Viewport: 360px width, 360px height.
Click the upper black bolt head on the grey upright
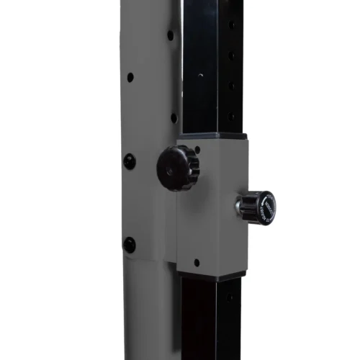tap(130, 161)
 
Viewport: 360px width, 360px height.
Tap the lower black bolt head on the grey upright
tap(130, 245)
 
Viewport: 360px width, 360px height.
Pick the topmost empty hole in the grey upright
tap(171, 34)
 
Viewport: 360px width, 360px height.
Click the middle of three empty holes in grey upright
tap(130, 76)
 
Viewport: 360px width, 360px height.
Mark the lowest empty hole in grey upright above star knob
tap(174, 117)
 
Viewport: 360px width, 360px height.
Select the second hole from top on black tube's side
tap(231, 54)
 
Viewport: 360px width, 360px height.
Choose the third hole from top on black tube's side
tap(231, 85)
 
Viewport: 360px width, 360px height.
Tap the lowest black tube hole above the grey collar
tap(231, 115)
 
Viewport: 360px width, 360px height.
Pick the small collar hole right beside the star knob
tap(197, 150)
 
